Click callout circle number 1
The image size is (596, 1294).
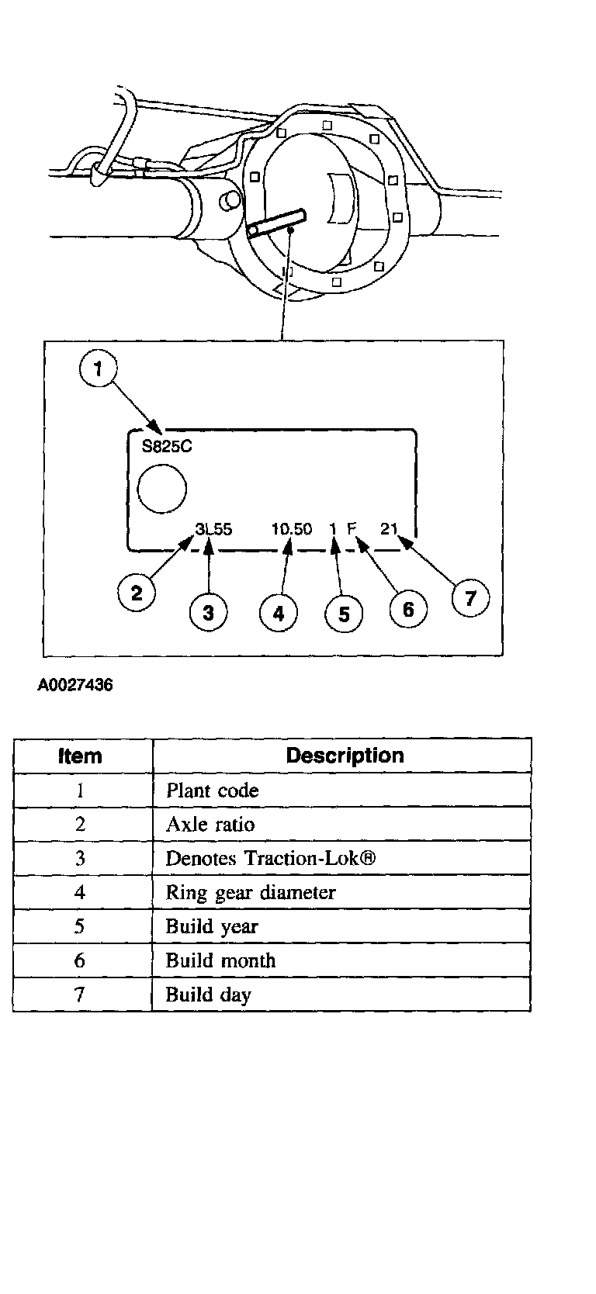point(98,370)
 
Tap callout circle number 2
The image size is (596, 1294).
point(137,593)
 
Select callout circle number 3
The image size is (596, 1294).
point(208,612)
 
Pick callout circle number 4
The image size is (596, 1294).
point(279,614)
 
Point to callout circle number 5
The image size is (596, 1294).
point(344,614)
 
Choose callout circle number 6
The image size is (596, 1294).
point(408,609)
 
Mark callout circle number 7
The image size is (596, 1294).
point(470,598)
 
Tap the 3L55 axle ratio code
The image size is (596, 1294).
point(213,529)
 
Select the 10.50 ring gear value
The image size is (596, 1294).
point(292,529)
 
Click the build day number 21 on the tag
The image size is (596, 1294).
point(389,529)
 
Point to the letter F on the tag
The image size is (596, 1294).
point(352,529)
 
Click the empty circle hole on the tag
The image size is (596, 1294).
point(162,489)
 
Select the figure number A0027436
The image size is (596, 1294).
point(74,686)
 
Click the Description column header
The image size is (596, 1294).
point(345,756)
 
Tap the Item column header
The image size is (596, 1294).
point(81,756)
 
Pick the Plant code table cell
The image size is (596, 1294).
point(212,791)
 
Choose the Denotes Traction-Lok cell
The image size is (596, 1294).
point(271,858)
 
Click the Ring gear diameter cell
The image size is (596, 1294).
point(251,892)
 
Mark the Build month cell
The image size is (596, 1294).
point(220,960)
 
